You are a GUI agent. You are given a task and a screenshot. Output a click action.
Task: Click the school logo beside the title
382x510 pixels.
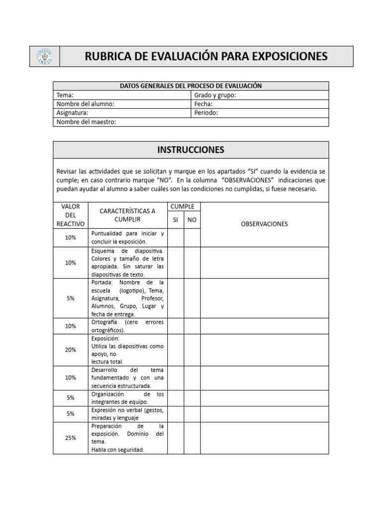[45, 56]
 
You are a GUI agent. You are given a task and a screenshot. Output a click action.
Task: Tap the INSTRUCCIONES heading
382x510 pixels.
[191, 149]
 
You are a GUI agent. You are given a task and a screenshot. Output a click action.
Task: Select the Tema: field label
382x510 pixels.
[65, 95]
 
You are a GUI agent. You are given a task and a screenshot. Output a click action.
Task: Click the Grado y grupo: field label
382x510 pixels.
[215, 95]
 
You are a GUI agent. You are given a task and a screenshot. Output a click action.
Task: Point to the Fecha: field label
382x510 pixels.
[203, 104]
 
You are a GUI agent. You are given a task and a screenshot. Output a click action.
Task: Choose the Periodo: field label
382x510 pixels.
[206, 113]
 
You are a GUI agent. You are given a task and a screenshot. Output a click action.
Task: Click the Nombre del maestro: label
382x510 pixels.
[86, 122]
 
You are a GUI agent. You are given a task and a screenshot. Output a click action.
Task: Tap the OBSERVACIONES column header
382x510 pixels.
[264, 224]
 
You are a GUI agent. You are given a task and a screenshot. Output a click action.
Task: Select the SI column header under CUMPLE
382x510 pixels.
[176, 220]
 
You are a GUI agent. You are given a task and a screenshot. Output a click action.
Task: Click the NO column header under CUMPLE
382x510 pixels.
[192, 220]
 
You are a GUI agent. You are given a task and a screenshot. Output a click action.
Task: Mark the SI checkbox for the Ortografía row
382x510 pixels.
[176, 326]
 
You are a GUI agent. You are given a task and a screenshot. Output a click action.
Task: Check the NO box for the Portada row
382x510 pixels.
[192, 298]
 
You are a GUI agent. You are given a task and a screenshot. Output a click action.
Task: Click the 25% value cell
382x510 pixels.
[71, 438]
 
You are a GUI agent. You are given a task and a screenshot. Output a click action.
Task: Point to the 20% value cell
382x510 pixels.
[71, 350]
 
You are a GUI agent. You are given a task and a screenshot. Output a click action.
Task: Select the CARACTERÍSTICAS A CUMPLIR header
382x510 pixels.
[127, 215]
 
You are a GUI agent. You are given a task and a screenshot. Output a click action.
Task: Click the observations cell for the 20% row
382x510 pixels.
[264, 350]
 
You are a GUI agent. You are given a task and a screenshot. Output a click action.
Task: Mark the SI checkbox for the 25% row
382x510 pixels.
[176, 438]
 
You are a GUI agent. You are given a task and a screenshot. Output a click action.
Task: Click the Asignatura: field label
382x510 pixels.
[73, 113]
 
